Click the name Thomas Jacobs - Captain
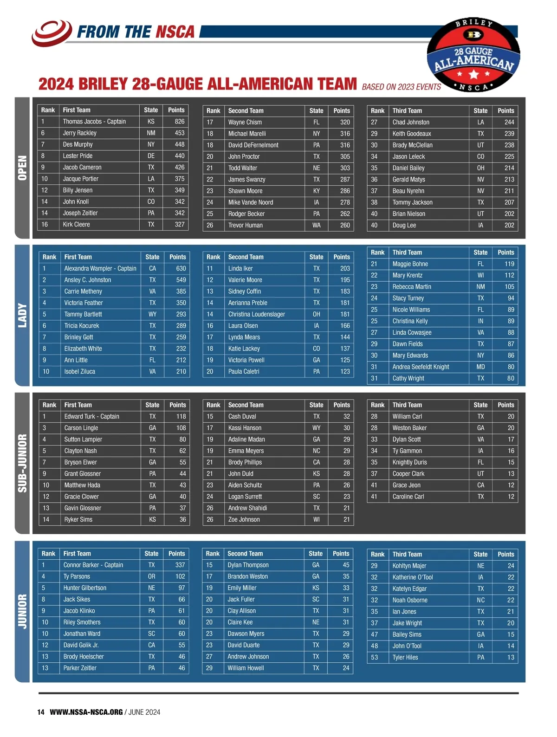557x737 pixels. tap(94, 122)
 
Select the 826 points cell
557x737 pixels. tap(179, 122)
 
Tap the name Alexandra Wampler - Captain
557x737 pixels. tap(100, 269)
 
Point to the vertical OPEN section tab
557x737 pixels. tap(22, 168)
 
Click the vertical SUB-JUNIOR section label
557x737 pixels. tap(22, 463)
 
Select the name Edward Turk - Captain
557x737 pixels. tap(91, 417)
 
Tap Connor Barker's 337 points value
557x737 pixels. tap(180, 565)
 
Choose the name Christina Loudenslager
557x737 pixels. tap(256, 314)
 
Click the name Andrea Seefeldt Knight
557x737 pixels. tap(421, 367)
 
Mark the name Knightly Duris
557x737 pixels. tap(409, 462)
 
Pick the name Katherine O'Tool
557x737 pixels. tap(412, 577)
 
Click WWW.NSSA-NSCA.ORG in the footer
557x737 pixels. tap(86, 712)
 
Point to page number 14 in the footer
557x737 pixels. tap(41, 712)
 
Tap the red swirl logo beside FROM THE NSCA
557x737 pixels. tap(51, 32)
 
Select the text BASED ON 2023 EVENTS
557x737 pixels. tap(401, 87)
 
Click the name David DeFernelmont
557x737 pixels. tap(253, 145)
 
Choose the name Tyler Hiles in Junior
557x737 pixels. tap(405, 658)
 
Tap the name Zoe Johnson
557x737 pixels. tap(244, 520)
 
